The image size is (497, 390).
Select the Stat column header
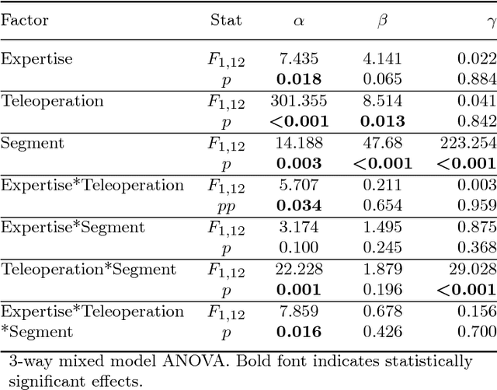[x=226, y=19]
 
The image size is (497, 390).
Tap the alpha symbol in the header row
[x=297, y=21]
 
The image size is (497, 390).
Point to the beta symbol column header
[x=381, y=21]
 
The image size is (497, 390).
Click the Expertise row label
[x=36, y=59]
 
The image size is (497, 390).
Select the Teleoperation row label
[x=53, y=101]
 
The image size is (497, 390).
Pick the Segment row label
[x=33, y=143]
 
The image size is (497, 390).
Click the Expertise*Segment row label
[x=72, y=227]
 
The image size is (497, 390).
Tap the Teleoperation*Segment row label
[x=89, y=269]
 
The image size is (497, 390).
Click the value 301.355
[x=299, y=100]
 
